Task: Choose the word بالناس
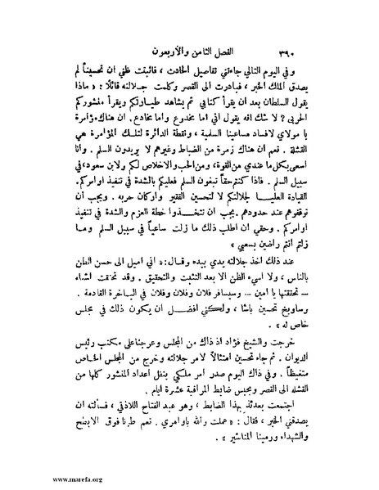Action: pyautogui.click(x=300, y=272)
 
